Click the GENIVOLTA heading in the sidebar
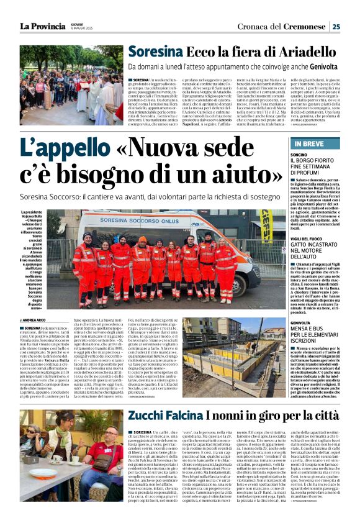coord(302,322)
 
